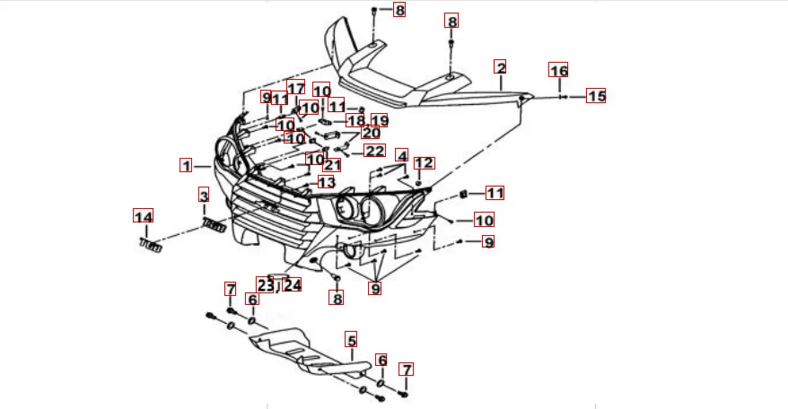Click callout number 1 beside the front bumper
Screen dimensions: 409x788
tap(186, 166)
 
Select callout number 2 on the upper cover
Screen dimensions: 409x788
tap(501, 67)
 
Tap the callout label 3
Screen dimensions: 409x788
tap(204, 196)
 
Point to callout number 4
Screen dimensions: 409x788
tap(401, 155)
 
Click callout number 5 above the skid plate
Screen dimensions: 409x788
tap(352, 340)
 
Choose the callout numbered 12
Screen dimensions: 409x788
tap(425, 163)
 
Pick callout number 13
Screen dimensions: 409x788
tap(326, 182)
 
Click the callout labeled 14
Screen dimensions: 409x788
tap(144, 216)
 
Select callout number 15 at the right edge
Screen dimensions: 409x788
tap(597, 96)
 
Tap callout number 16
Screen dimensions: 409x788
tap(558, 71)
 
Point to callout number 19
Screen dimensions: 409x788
tap(379, 121)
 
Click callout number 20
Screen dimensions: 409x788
tap(371, 134)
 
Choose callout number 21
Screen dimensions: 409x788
tap(333, 165)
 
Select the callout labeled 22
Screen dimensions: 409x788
tap(373, 152)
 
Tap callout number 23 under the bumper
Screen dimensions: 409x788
tap(265, 284)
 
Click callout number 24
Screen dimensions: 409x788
tap(293, 284)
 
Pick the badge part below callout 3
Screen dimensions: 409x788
tap(214, 224)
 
